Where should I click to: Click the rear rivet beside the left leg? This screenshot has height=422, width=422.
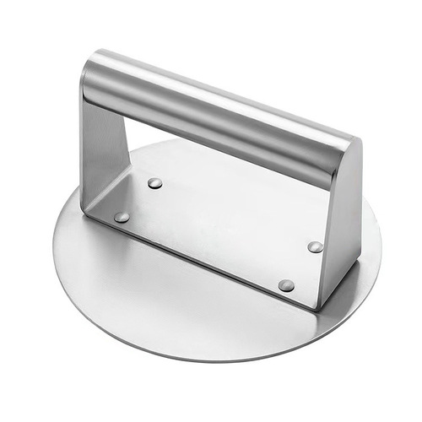154,182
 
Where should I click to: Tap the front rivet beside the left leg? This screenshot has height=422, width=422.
122,217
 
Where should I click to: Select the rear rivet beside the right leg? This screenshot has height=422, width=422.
315,246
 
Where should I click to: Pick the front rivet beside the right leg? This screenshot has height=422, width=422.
287,285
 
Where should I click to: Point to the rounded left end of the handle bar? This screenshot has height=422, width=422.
89,80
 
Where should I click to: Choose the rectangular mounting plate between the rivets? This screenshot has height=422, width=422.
219,228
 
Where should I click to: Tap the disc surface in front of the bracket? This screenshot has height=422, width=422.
169,304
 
